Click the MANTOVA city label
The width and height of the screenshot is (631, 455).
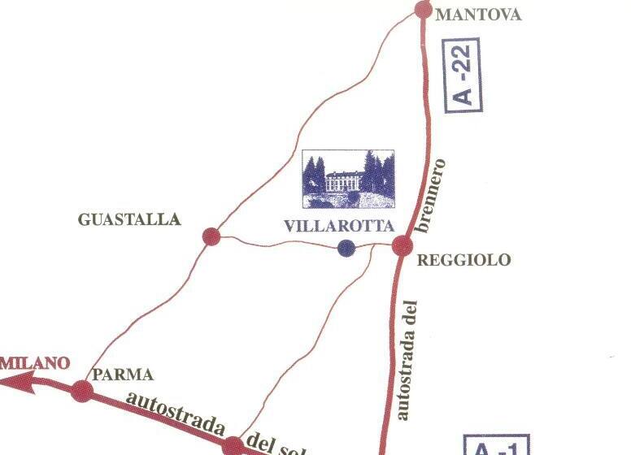pos(478,15)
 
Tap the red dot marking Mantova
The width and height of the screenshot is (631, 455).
pos(423,10)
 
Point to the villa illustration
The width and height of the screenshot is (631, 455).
pos(348,180)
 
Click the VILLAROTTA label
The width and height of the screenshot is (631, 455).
pos(338,227)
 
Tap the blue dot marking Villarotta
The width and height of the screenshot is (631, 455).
pos(346,248)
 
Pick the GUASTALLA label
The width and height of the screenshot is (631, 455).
pos(129,219)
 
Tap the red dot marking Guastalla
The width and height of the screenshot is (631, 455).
pos(211,236)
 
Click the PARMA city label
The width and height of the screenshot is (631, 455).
pos(123,375)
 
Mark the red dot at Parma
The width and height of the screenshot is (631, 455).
pos(81,391)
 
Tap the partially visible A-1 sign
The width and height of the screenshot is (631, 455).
pos(495,445)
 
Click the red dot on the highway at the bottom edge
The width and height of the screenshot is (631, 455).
pos(233,445)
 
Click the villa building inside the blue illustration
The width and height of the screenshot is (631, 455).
pos(345,183)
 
